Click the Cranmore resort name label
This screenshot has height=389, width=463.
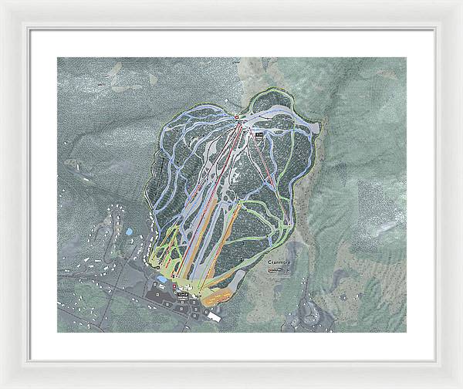click(282, 262)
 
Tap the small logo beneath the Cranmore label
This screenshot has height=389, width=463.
click(275, 269)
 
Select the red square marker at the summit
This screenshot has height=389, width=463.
click(236, 117)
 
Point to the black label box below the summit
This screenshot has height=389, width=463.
click(259, 135)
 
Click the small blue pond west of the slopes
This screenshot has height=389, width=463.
click(128, 231)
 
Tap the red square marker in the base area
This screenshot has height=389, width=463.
click(175, 284)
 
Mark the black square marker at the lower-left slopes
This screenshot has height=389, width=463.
click(158, 267)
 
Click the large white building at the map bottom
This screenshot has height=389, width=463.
click(211, 315)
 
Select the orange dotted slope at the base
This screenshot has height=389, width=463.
click(220, 294)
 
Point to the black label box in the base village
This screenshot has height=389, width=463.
click(183, 296)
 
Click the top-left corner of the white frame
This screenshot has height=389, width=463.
click(2, 2)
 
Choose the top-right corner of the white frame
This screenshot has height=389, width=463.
click(460, 2)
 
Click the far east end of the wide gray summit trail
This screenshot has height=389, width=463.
click(316, 126)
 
